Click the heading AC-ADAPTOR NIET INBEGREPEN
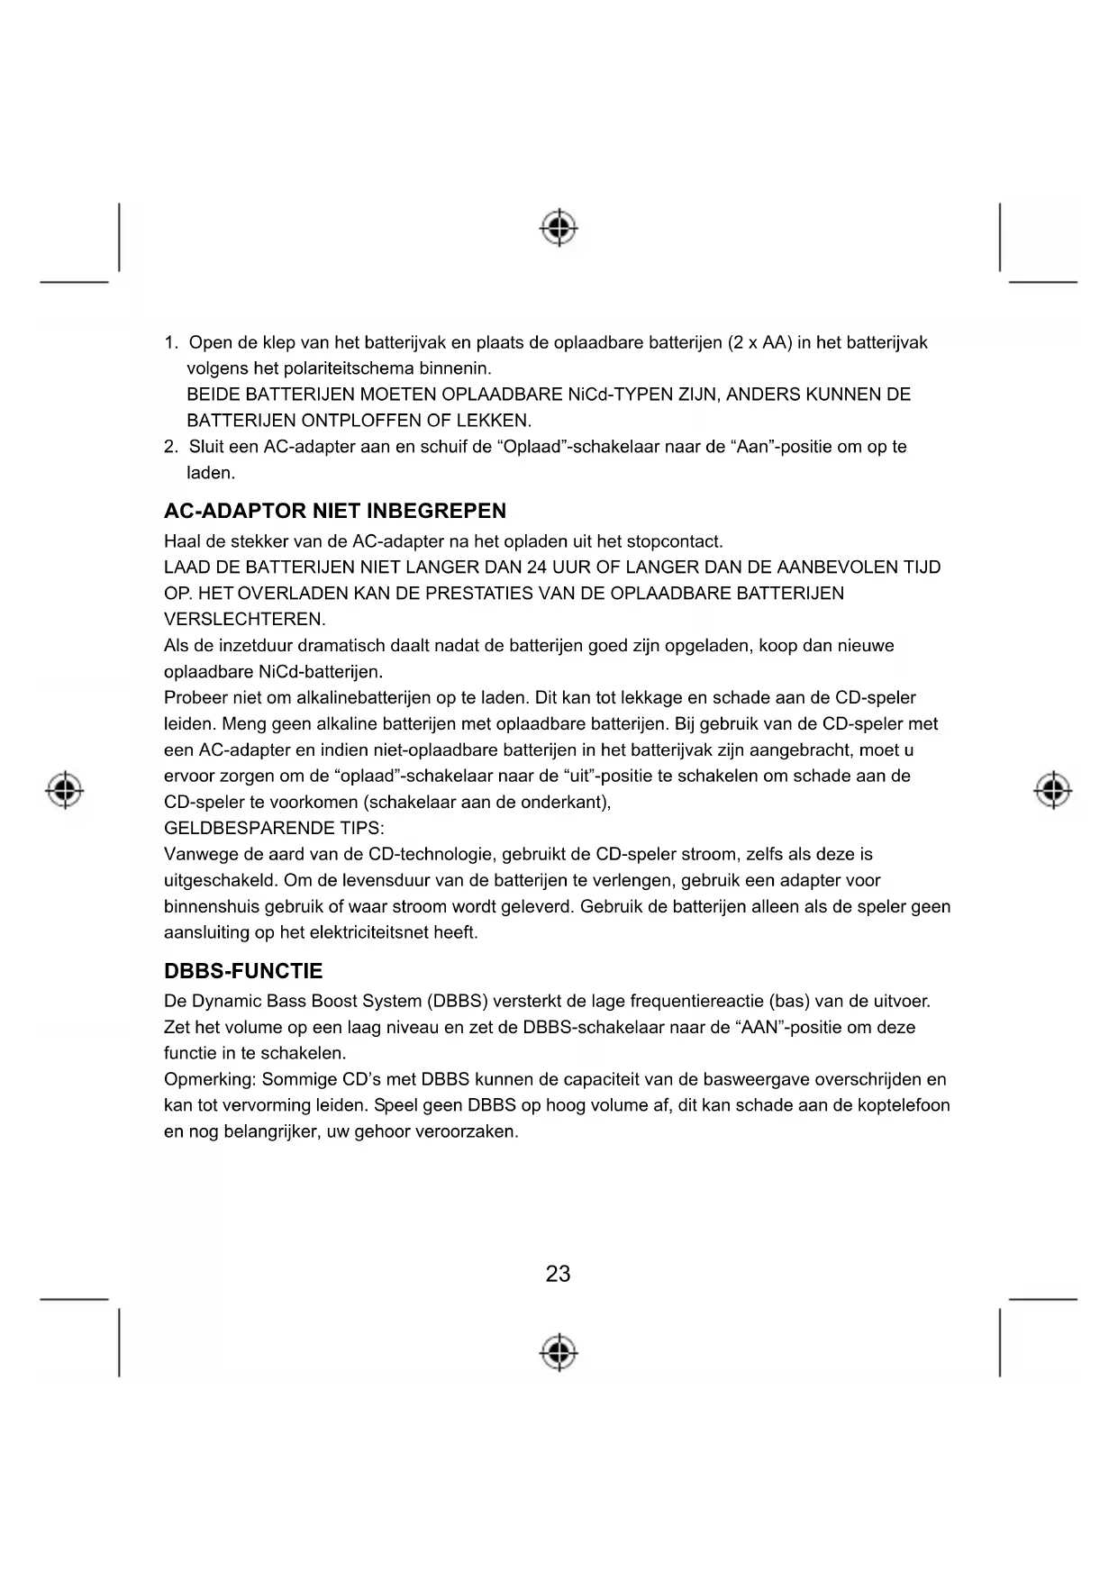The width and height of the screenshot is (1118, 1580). tap(335, 512)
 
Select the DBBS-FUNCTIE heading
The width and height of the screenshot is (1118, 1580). tap(243, 971)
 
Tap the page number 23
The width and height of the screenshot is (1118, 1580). tap(559, 1274)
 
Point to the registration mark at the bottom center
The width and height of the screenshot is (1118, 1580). tap(559, 1351)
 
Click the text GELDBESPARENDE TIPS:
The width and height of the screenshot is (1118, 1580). tap(274, 829)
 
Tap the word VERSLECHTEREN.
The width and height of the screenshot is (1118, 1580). tap(244, 620)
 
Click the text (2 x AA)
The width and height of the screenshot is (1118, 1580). tap(760, 343)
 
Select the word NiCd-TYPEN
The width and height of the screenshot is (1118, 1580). tap(615, 395)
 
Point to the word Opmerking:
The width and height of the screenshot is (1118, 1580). tap(209, 1080)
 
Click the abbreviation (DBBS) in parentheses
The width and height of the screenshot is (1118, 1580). tap(458, 1002)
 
